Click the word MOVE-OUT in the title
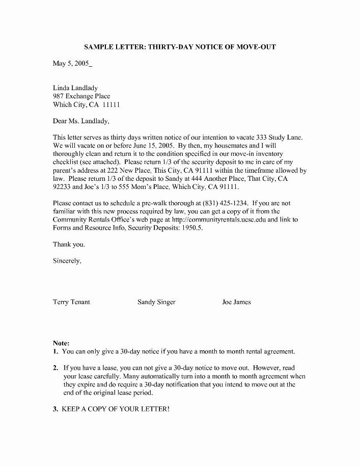pos(256,47)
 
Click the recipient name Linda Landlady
pos(75,88)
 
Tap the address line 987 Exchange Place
pos(81,96)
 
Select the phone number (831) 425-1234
pos(225,203)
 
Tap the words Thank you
pos(69,244)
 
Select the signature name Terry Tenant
pos(71,302)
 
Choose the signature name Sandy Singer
pos(156,302)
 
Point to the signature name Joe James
pos(236,302)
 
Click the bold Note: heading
pos(61,343)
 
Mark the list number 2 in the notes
pos(55,368)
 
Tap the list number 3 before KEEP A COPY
pos(55,409)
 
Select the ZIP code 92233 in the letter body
pos(63,187)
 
